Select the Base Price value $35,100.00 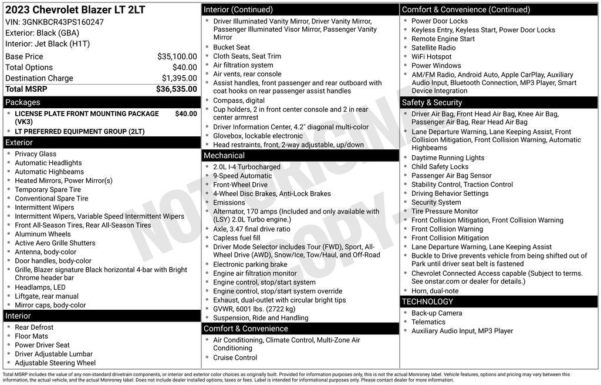(177, 56)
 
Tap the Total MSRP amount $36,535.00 (176, 89)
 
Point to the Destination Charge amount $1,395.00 (179, 78)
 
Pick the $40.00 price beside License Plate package (186, 113)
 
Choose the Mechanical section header (300, 156)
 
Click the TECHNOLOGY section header (499, 302)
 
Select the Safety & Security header (499, 102)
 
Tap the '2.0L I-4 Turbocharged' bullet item (247, 167)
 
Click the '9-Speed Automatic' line (242, 176)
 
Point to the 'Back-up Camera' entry (436, 313)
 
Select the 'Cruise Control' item (235, 357)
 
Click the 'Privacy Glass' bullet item (36, 154)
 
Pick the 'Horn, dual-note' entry (435, 290)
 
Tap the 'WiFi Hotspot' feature (431, 56)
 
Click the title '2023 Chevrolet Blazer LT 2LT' (75, 10)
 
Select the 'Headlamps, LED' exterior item (40, 287)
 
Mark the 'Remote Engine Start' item (443, 39)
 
